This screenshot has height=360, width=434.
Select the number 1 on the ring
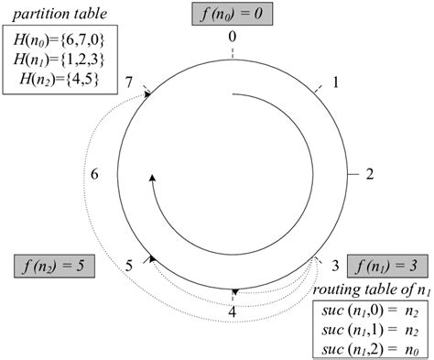335,82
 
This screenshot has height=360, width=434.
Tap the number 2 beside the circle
369,173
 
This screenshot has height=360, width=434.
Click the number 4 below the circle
232,311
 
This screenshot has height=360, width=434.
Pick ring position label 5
129,266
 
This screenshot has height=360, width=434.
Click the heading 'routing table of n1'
371,289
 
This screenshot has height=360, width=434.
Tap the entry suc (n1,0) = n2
371,311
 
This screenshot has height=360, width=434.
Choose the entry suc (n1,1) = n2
371,330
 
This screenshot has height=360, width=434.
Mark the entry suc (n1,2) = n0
371,349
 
